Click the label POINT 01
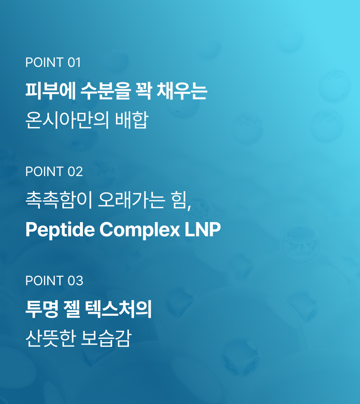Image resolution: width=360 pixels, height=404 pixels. (x=53, y=63)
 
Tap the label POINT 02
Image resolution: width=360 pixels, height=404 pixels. (x=54, y=171)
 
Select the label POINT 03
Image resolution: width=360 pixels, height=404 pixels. (x=54, y=281)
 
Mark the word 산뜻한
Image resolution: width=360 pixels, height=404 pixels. (x=50, y=338)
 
